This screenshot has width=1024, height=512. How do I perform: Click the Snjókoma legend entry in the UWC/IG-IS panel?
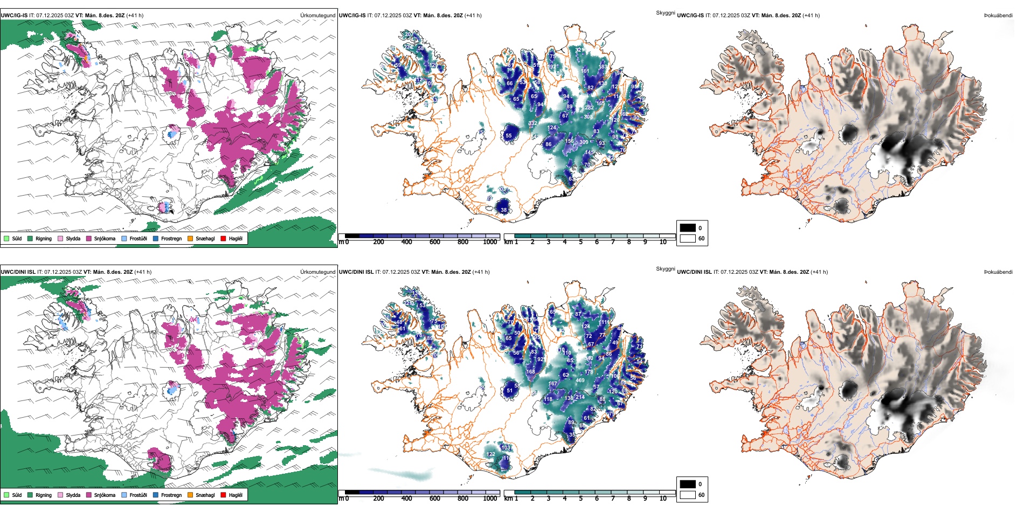[x=104, y=238]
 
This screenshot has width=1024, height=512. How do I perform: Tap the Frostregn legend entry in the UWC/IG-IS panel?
[x=171, y=238]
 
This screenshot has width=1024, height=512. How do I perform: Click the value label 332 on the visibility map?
[x=532, y=123]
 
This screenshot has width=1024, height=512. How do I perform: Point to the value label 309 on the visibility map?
[x=584, y=142]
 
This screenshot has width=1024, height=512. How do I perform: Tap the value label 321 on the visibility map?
[x=579, y=50]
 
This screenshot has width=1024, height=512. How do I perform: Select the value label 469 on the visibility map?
[x=580, y=380]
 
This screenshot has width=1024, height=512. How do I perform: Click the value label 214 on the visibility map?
[x=580, y=397]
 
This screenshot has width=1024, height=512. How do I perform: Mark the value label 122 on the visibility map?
[x=490, y=454]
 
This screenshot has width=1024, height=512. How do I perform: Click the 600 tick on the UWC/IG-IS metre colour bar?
[x=434, y=242]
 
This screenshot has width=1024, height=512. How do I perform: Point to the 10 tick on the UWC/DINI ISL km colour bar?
[x=663, y=499]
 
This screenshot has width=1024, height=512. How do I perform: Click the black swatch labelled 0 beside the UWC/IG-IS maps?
[x=688, y=227]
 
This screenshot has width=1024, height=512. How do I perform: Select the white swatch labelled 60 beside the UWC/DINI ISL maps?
[x=688, y=495]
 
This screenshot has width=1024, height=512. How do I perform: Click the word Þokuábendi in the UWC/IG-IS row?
[x=998, y=16]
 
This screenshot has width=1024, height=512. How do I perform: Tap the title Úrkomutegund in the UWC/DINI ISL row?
[x=317, y=272]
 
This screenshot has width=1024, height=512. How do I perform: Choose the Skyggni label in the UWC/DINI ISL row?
[x=665, y=268]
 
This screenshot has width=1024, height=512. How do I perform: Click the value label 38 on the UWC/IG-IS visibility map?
[x=504, y=210]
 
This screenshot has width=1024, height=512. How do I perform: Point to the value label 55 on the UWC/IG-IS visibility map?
[x=508, y=136]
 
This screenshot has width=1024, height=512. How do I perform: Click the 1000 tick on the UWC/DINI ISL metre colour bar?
[x=490, y=499]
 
